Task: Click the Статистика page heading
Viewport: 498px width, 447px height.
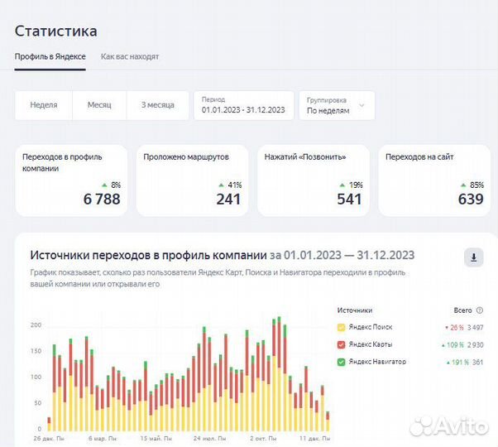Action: [x=55, y=31]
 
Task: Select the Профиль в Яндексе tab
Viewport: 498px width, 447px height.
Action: [x=50, y=57]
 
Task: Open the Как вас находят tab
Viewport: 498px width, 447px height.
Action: [x=130, y=57]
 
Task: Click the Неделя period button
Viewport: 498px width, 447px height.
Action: [x=44, y=105]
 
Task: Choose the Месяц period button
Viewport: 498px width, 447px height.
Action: [x=99, y=105]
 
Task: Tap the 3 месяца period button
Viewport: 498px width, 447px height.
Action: [x=157, y=105]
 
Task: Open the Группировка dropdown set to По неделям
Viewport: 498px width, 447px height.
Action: [x=336, y=105]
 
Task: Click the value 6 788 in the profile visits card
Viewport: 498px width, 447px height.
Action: [x=102, y=199]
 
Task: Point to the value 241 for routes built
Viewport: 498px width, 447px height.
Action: [x=228, y=199]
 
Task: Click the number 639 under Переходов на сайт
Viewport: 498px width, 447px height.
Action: [x=471, y=199]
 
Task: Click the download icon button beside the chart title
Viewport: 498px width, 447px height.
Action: [x=473, y=257]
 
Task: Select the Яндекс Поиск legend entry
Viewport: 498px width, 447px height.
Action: [x=370, y=327]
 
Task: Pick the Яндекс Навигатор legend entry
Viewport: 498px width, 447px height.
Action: [x=376, y=362]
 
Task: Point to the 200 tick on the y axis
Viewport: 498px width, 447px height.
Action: [x=35, y=325]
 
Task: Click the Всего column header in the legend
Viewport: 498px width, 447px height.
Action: [x=462, y=310]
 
